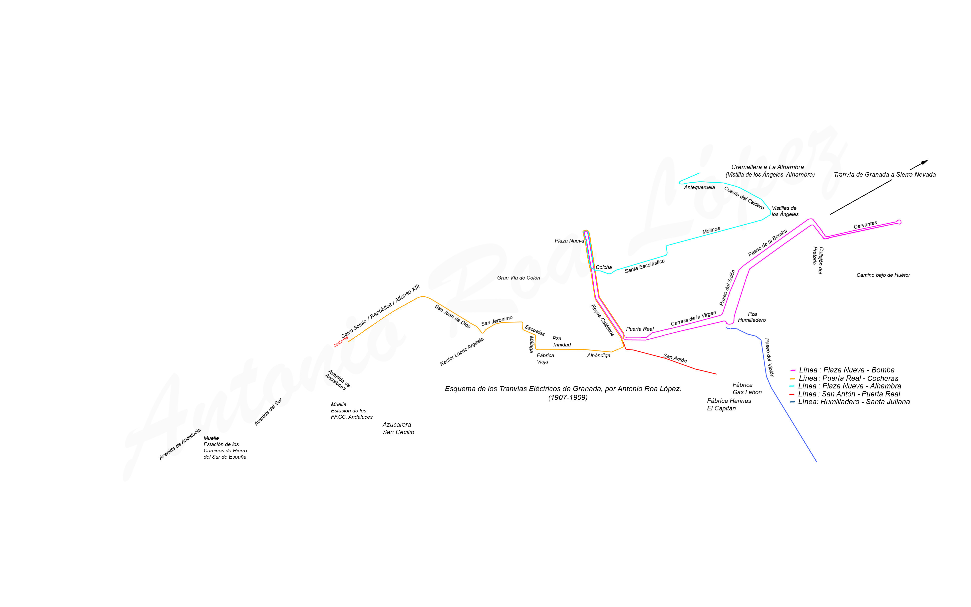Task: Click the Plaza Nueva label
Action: pyautogui.click(x=569, y=241)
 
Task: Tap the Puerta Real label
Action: pyautogui.click(x=640, y=329)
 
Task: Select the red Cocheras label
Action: pyautogui.click(x=341, y=342)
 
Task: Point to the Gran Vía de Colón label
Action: pyautogui.click(x=518, y=278)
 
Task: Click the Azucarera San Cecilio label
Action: pyautogui.click(x=398, y=428)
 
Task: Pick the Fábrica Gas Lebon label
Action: pyautogui.click(x=747, y=389)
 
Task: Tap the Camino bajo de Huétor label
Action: pyautogui.click(x=883, y=275)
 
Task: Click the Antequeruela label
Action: pyautogui.click(x=699, y=188)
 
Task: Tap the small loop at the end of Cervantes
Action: pyautogui.click(x=899, y=222)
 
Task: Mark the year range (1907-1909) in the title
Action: pyautogui.click(x=568, y=397)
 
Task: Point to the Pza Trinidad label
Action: pyautogui.click(x=561, y=342)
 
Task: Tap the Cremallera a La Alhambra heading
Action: pyautogui.click(x=767, y=167)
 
